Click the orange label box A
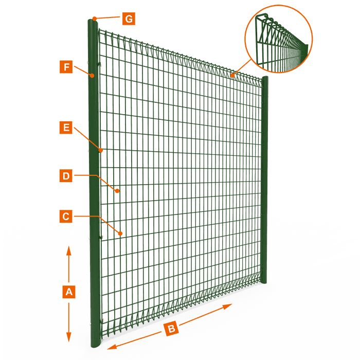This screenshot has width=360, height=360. tap(69, 292)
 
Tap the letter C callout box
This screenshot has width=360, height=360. tap(65, 216)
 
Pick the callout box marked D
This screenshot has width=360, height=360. tap(65, 176)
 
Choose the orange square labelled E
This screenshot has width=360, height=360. tap(65, 128)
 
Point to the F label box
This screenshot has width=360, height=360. tap(65, 67)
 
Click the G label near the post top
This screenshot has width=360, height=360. tap(129, 19)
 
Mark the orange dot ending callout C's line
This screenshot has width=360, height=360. tap(120, 233)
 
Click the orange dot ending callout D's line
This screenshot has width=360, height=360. tap(118, 191)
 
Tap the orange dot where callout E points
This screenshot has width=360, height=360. tap(102, 151)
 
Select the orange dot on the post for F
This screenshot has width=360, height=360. tap(92, 76)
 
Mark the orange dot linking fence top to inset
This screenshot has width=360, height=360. tap(232, 76)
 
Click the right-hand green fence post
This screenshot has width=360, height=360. tap(265, 180)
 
